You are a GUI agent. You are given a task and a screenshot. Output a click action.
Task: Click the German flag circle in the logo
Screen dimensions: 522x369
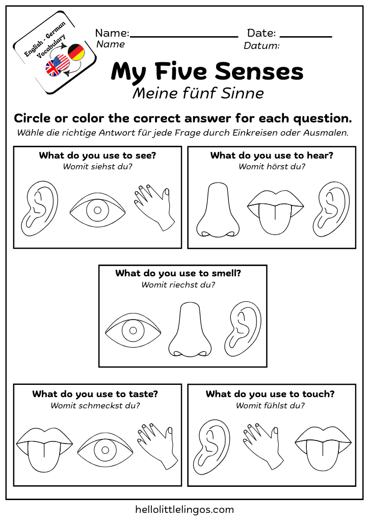coord(76,52)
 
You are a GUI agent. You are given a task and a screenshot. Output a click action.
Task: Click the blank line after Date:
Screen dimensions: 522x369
coord(306,36)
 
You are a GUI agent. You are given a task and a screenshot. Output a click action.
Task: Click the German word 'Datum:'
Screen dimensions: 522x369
coord(261,46)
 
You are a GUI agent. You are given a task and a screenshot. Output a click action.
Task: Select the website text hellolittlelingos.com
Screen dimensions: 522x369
coord(184,509)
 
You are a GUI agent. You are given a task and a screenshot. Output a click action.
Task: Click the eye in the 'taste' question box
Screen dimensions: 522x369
coord(105,450)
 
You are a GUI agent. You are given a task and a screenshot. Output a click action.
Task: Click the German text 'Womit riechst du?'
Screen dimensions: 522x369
coord(178,285)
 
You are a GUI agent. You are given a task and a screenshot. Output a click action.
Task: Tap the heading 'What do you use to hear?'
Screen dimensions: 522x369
coord(272,155)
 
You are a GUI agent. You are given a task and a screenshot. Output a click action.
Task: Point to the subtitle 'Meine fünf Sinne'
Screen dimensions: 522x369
coord(198,94)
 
